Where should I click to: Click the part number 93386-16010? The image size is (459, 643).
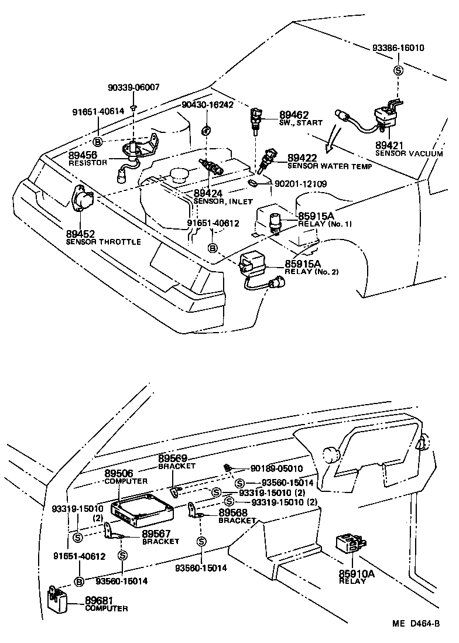398,48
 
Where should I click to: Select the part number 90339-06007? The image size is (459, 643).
133,87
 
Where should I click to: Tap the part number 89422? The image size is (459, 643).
302,157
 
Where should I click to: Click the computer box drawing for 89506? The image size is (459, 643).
144,507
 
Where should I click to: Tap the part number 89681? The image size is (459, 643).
100,600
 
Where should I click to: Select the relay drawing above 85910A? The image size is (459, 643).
350,543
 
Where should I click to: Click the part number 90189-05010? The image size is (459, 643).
276,468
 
